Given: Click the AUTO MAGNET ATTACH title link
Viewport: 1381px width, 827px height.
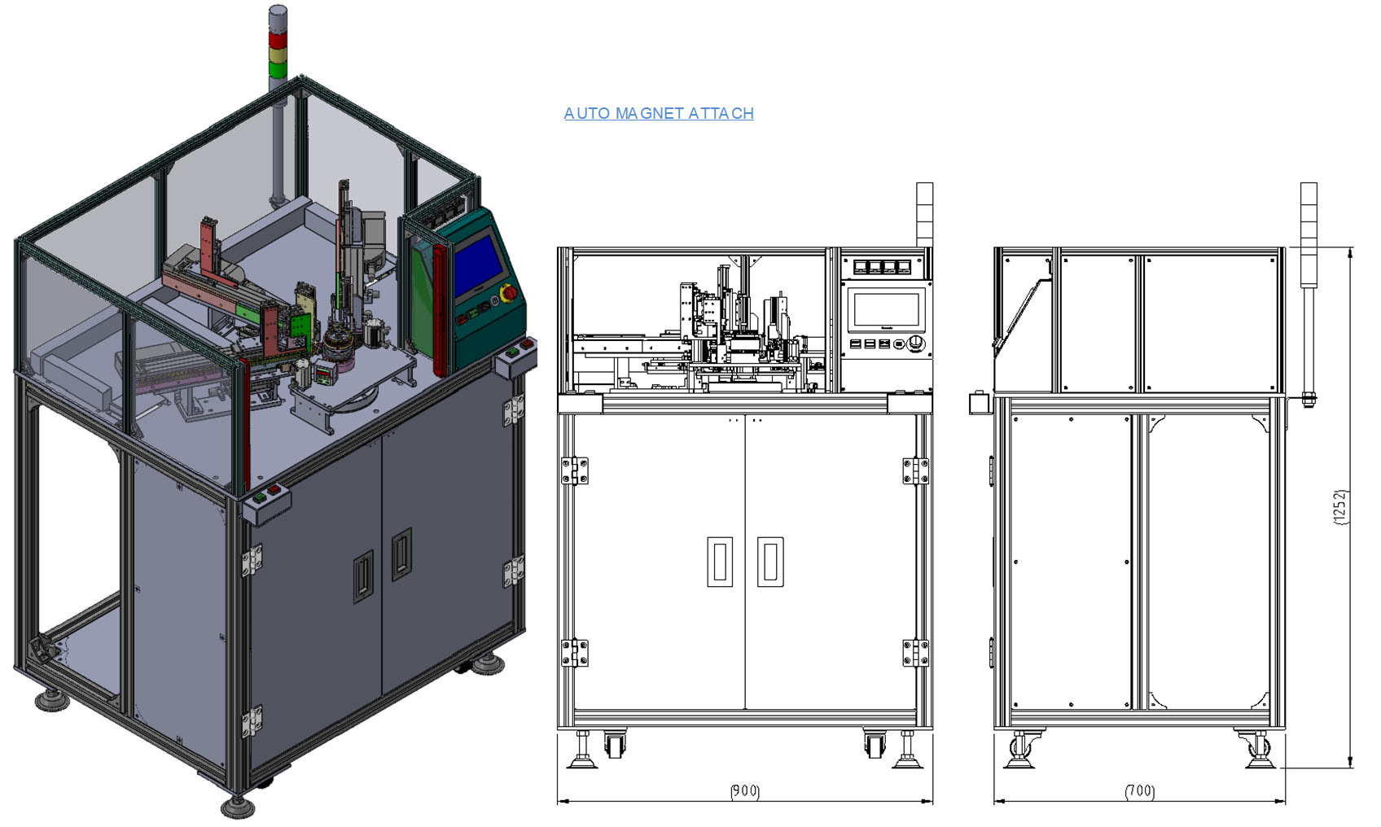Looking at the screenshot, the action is (x=659, y=113).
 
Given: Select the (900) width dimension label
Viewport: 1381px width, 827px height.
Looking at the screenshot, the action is (x=745, y=790).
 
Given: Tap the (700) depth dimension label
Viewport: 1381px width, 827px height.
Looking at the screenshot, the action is (x=1139, y=790).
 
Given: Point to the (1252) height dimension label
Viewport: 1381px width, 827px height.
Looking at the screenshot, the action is (x=1341, y=507).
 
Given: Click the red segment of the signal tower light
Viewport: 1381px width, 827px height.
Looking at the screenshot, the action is (x=278, y=40).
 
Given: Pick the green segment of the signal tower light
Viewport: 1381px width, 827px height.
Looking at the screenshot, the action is (x=278, y=70).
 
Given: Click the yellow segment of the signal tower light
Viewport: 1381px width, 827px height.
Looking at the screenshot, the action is (x=278, y=55).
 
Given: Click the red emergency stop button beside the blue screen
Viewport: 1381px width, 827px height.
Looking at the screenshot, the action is (x=510, y=293).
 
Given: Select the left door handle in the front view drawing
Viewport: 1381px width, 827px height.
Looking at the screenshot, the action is (x=720, y=562).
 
